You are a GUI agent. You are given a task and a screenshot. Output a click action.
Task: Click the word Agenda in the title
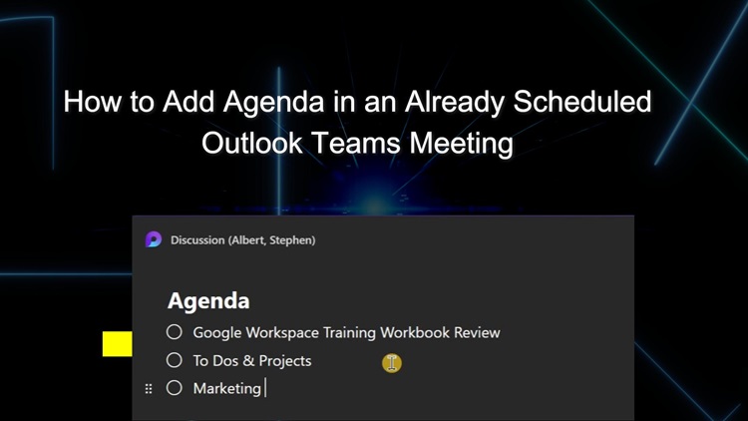click(x=274, y=103)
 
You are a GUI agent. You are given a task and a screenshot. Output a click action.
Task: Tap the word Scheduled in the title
click(x=582, y=101)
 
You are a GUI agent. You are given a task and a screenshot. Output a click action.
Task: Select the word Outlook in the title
click(x=252, y=143)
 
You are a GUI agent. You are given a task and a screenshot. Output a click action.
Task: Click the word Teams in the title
click(x=355, y=143)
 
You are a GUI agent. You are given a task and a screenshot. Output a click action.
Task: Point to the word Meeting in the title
click(x=462, y=144)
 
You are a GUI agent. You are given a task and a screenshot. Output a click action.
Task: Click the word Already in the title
click(x=454, y=103)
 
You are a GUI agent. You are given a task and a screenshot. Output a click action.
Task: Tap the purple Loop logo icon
click(x=154, y=239)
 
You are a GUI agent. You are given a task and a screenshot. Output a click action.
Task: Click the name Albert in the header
click(x=247, y=240)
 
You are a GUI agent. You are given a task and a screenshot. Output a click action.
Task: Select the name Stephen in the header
click(x=292, y=240)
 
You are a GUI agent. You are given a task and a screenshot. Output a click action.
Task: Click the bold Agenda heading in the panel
click(x=208, y=301)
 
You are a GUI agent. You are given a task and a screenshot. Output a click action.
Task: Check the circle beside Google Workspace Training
click(x=175, y=332)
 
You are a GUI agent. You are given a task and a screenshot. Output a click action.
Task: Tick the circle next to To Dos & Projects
click(x=175, y=360)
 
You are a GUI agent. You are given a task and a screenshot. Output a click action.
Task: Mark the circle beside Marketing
click(x=175, y=388)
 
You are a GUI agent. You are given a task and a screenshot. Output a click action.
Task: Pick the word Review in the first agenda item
click(x=477, y=332)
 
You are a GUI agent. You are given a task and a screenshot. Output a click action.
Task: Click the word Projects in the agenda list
click(x=285, y=361)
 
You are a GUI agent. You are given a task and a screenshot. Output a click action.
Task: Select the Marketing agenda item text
click(x=227, y=388)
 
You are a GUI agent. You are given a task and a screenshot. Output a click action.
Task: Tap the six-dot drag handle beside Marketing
click(x=149, y=389)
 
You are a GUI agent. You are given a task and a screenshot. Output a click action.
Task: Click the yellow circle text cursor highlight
click(x=392, y=363)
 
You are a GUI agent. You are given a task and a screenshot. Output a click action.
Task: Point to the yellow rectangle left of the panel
click(x=118, y=343)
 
